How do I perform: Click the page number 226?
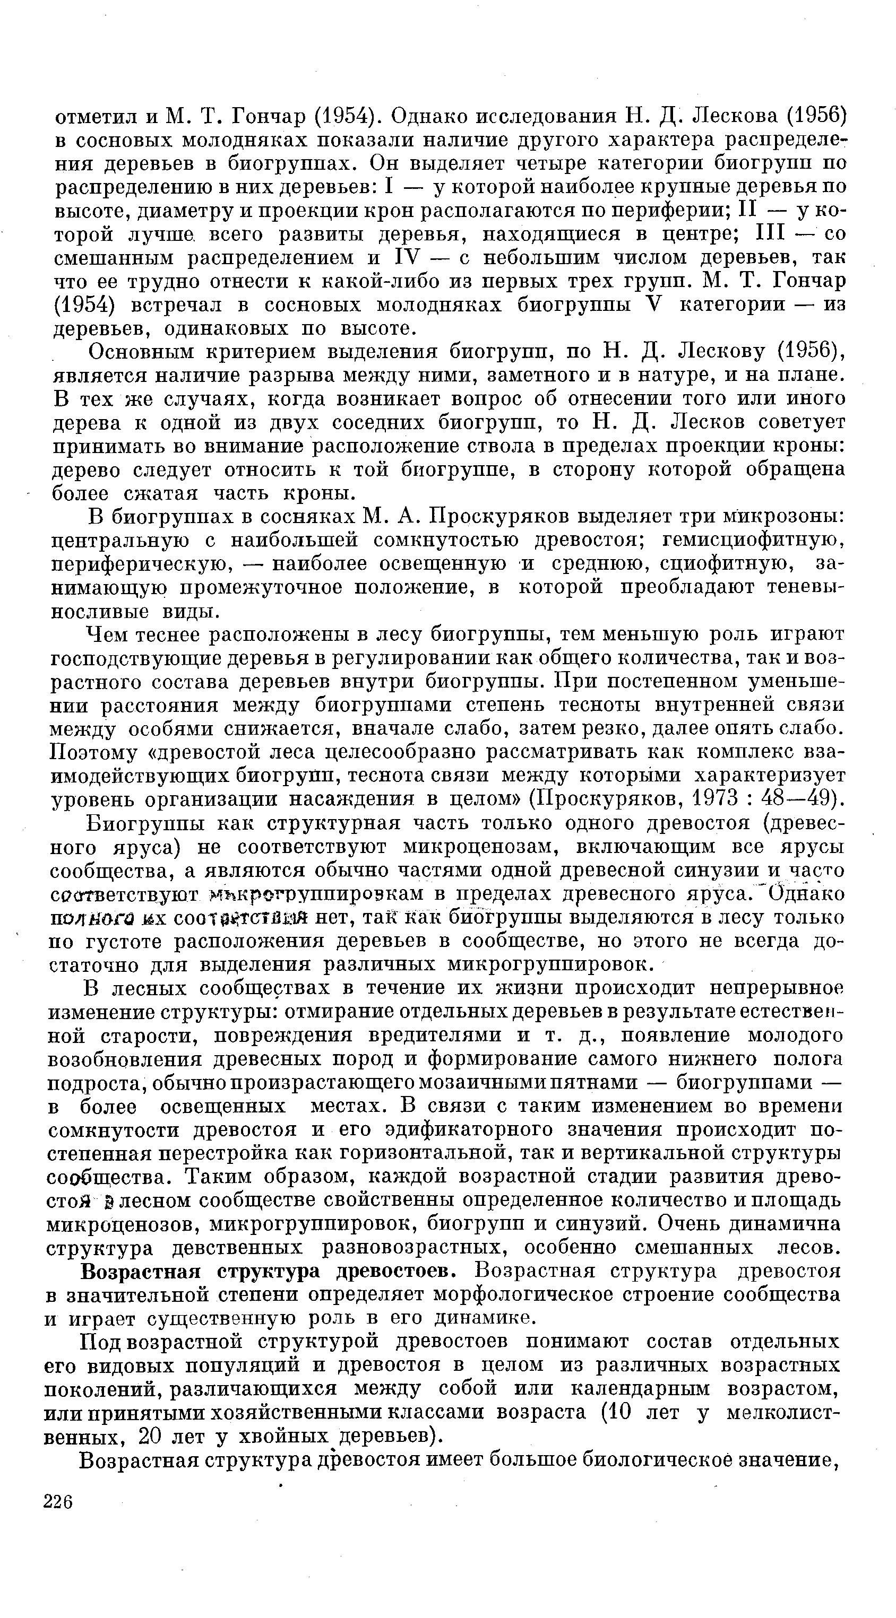click(59, 1502)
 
